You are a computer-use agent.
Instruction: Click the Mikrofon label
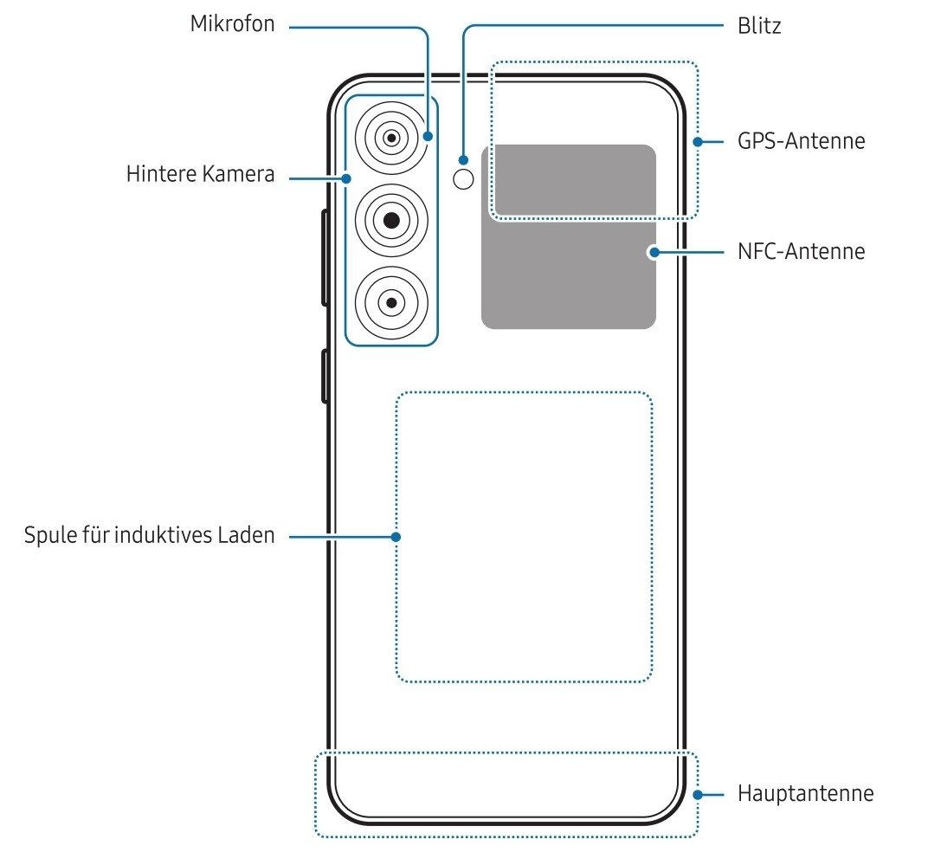pos(232,24)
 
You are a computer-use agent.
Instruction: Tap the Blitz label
pos(759,26)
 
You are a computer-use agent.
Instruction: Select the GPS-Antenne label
pos(801,140)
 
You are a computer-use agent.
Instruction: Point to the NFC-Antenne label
pos(801,252)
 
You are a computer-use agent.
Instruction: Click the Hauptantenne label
pos(805,793)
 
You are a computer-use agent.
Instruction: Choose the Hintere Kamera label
pos(200,174)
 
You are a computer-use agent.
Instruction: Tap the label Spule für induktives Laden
pos(150,535)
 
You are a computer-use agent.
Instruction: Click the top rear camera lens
pos(392,138)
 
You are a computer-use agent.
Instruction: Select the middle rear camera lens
pos(392,220)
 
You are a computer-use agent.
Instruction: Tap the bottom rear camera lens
pos(392,301)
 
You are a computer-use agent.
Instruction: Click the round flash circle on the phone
pos(465,179)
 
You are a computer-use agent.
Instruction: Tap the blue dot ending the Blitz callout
pos(465,159)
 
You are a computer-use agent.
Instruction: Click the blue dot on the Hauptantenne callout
pos(698,793)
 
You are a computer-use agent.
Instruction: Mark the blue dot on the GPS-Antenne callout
pos(698,140)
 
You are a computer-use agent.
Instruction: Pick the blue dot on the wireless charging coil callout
pos(396,537)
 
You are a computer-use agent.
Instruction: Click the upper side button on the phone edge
pos(325,257)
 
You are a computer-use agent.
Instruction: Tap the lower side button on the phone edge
pos(325,376)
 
